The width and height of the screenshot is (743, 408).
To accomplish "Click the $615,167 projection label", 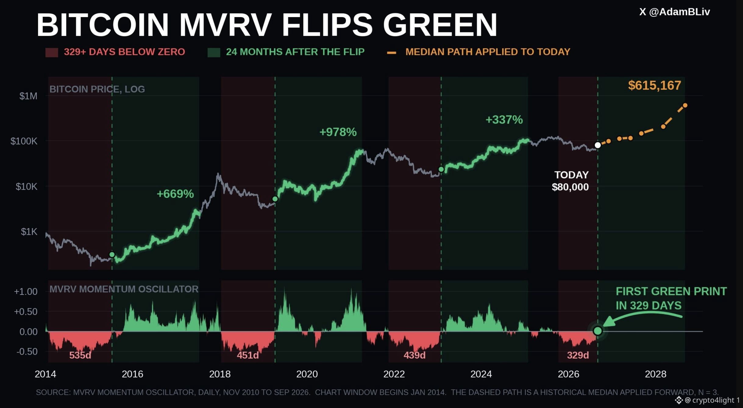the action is (654, 85).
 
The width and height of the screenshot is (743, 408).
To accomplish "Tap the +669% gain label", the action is (175, 194).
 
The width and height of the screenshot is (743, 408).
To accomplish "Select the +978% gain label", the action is (338, 132).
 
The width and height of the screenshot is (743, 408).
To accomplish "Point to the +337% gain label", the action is (504, 120).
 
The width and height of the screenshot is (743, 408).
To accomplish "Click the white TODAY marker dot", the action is (598, 145).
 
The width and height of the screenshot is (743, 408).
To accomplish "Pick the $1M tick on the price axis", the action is (28, 96).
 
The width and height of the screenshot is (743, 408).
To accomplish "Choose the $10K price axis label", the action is (27, 186).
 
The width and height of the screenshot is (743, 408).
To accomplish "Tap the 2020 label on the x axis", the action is (307, 374).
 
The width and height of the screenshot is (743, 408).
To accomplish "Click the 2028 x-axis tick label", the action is (656, 374).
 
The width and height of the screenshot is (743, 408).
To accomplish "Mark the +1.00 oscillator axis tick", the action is (26, 292).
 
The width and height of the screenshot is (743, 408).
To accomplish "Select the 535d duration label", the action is (80, 355).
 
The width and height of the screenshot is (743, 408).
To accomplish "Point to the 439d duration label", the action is (414, 355).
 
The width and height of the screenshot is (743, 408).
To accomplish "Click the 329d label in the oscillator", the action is (578, 355).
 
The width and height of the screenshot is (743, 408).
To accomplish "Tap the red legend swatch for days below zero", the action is (52, 52).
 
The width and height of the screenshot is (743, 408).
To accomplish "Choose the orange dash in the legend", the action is (391, 53).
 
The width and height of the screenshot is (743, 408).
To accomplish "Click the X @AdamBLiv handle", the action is (674, 12).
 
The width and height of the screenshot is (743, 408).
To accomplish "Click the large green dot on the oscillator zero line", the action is (598, 331).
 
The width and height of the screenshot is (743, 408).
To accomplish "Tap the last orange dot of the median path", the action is (685, 106).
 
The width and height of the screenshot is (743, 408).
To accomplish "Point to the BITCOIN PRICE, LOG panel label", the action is (97, 89).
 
